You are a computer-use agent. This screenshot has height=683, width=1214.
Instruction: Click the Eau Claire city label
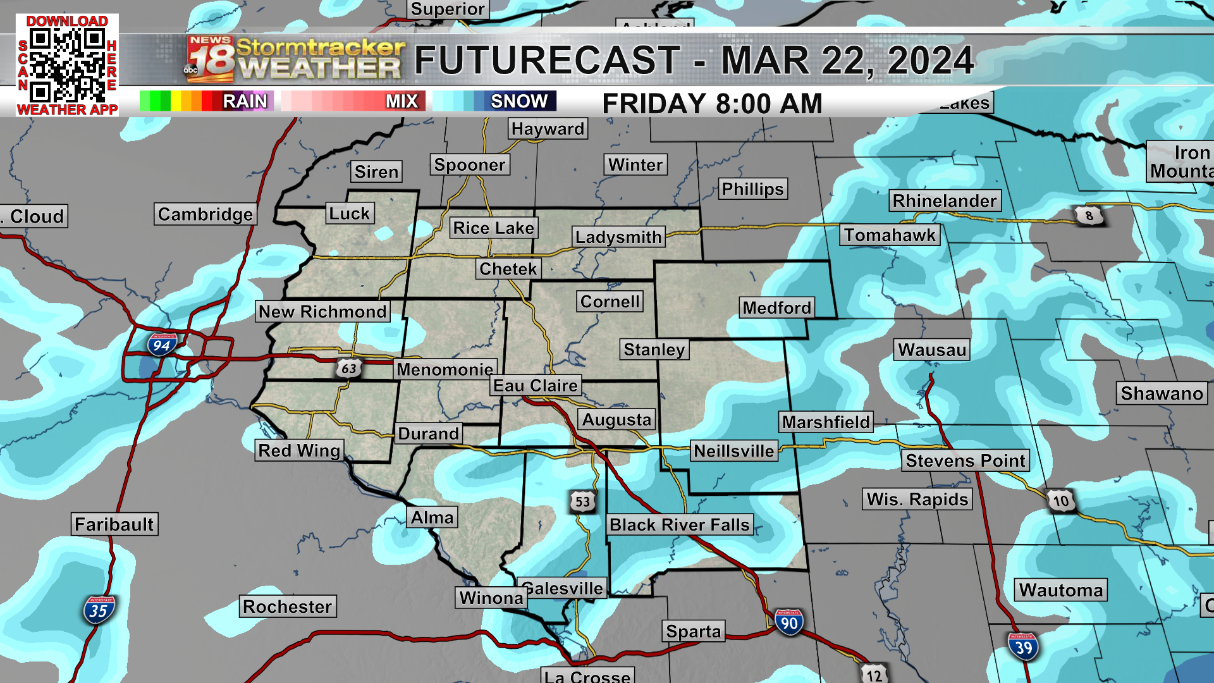(536, 386)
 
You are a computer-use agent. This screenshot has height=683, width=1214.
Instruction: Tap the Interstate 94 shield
(162, 345)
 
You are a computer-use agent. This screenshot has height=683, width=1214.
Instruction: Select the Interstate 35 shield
(98, 610)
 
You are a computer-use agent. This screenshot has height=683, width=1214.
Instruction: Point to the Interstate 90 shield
(788, 623)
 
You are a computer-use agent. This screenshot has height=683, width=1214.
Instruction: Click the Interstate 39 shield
(1023, 647)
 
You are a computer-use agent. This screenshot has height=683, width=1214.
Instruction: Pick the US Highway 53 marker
(582, 502)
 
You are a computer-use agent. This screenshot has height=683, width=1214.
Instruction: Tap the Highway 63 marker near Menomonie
(348, 368)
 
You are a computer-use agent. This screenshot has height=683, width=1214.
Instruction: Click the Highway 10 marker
(1060, 501)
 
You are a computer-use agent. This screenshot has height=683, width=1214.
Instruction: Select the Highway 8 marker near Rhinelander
(1089, 216)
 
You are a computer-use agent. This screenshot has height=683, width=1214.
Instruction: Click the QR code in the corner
(67, 65)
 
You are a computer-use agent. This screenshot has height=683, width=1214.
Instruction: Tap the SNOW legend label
(519, 101)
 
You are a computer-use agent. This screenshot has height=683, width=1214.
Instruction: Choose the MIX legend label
(402, 101)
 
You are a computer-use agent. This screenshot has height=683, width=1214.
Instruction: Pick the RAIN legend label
(245, 101)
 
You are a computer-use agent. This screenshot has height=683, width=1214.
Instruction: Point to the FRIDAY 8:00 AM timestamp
(712, 104)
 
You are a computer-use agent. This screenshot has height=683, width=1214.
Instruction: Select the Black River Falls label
(679, 525)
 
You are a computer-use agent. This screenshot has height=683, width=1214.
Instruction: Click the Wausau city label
(932, 350)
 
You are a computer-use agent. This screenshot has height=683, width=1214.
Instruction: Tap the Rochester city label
(287, 606)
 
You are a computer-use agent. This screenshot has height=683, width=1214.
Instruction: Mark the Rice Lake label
(494, 228)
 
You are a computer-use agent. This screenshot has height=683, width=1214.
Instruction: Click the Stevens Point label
(965, 460)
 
